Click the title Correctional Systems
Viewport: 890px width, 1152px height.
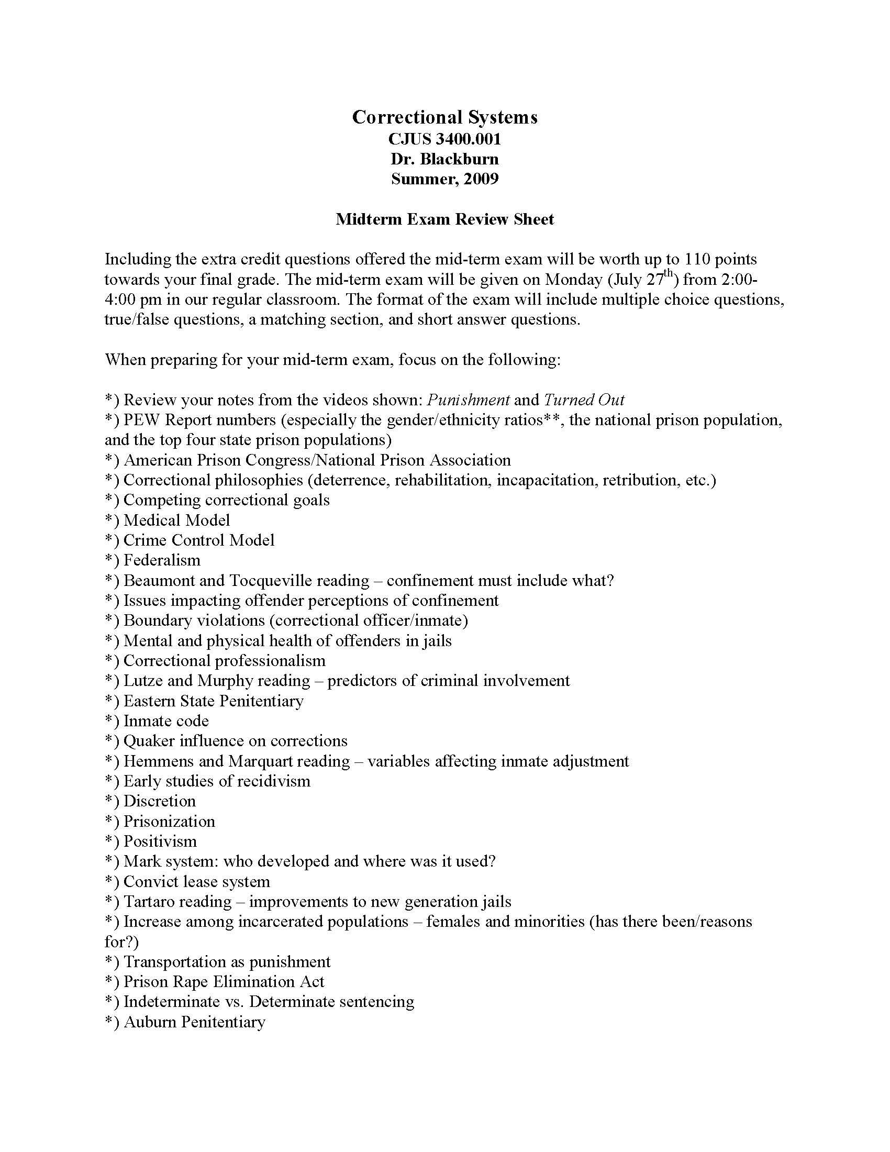tap(444, 117)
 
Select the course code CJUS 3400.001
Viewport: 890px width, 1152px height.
tap(444, 139)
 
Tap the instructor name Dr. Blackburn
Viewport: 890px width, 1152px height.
tap(444, 159)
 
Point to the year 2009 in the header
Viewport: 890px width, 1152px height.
tap(481, 179)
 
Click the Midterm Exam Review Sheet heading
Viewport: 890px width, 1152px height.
tap(444, 219)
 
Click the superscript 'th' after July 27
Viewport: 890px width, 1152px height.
tap(669, 273)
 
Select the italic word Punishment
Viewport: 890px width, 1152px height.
tap(468, 400)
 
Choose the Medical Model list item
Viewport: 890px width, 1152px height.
tap(176, 520)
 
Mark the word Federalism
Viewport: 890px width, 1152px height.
tap(162, 560)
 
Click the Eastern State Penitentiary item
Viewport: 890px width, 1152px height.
tap(214, 701)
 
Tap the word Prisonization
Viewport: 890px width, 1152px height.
tap(169, 821)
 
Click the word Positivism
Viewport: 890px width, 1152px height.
tap(160, 841)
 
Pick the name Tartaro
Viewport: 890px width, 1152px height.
tap(148, 902)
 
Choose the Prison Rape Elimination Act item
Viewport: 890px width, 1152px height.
tap(224, 982)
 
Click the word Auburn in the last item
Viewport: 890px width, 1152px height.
tap(150, 1022)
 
